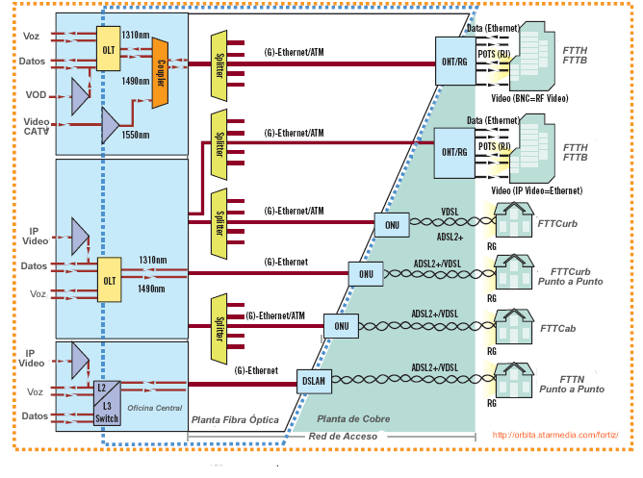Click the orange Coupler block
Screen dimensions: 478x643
click(x=160, y=63)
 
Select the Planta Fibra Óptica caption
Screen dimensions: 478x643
click(x=235, y=420)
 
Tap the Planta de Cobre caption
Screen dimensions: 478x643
click(x=352, y=420)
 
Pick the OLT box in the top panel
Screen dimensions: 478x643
click(x=108, y=48)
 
